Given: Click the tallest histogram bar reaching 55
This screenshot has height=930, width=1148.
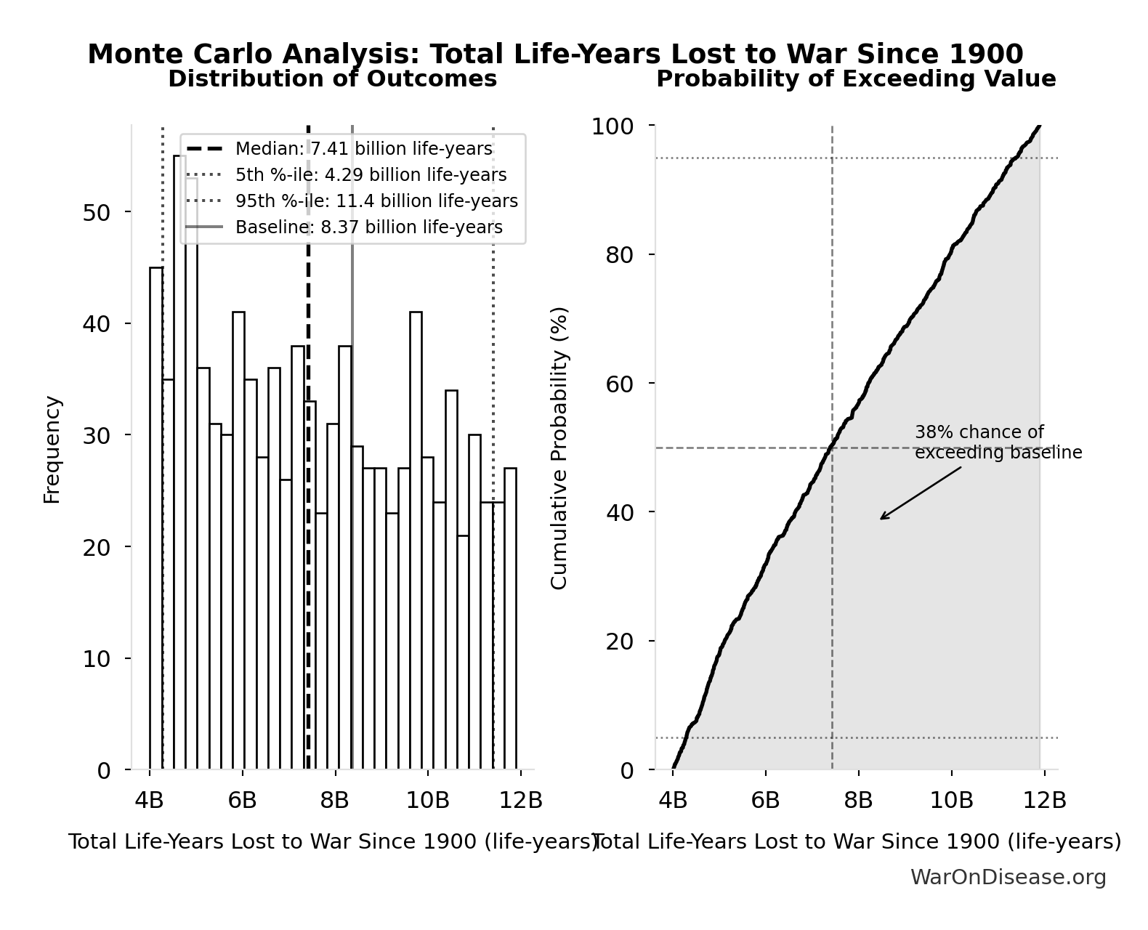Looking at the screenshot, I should (x=179, y=465).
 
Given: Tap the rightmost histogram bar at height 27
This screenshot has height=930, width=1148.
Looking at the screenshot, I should (x=510, y=618).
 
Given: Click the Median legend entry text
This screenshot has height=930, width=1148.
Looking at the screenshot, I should (x=363, y=149).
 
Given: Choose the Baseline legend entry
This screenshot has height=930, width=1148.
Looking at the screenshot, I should (x=368, y=227).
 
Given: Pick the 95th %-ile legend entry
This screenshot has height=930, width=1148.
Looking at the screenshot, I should (x=376, y=201).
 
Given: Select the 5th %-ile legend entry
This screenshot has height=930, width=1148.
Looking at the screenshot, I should (x=371, y=175).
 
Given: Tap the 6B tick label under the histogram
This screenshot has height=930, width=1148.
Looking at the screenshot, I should (x=242, y=801).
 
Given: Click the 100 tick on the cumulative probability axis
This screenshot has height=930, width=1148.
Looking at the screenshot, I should (x=612, y=126).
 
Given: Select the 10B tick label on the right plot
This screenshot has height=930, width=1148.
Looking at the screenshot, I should (x=951, y=801).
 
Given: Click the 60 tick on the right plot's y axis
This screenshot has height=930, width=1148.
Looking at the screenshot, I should (x=619, y=384).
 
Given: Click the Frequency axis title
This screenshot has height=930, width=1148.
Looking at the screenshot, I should (x=52, y=449).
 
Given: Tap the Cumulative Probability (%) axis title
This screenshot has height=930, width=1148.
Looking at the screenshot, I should (x=559, y=448).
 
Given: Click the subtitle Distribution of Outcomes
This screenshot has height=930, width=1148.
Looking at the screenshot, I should (x=333, y=79).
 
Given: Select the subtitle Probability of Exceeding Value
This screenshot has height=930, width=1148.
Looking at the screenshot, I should (x=856, y=79).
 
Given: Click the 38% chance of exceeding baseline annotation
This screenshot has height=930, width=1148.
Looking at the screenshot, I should (x=998, y=442).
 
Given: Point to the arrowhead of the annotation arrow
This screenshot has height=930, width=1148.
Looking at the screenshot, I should (x=881, y=519).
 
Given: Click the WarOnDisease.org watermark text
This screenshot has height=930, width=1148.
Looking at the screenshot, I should (x=1008, y=878).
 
